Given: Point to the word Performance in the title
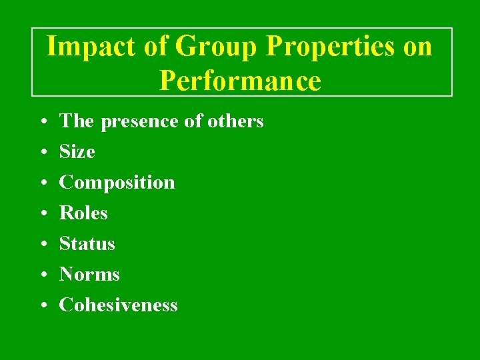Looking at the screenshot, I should [240, 81].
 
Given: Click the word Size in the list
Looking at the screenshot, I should [77, 152].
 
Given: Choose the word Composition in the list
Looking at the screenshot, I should [117, 183].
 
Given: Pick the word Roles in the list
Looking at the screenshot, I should [83, 213].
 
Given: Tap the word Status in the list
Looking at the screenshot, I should [87, 244].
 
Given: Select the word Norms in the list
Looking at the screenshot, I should [89, 275].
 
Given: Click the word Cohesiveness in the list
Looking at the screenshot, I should [119, 305].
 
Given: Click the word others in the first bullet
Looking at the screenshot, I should [235, 121].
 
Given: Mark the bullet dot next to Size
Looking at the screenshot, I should [42, 153].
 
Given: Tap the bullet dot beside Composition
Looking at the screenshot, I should [42, 183].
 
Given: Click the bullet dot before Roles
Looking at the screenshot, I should [42, 214].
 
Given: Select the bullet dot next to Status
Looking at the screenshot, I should [42, 245].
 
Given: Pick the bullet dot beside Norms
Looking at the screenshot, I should [42, 275].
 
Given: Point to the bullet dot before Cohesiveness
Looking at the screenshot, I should [42, 306].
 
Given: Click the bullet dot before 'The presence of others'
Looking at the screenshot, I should [42, 122].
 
